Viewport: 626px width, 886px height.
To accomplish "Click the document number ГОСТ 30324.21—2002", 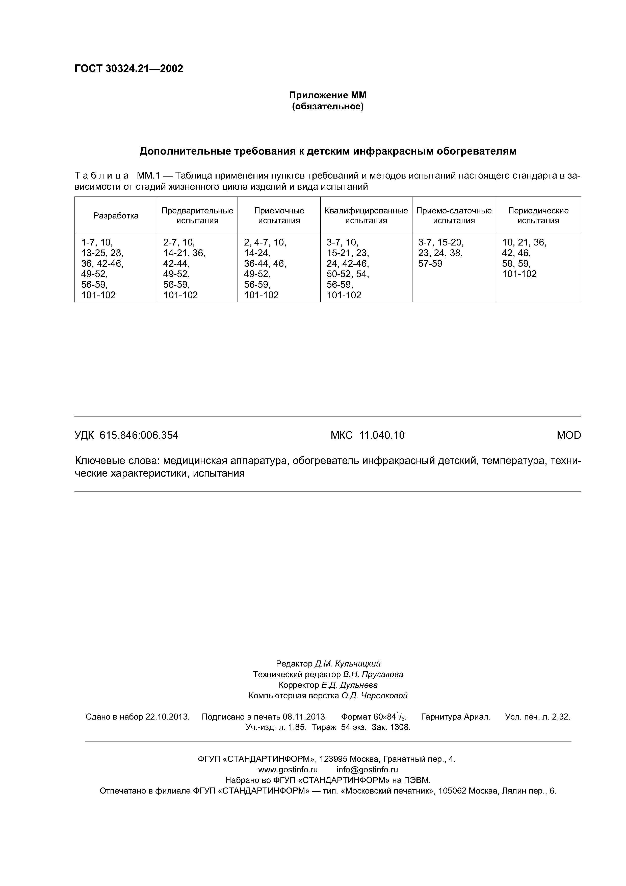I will point(128,69).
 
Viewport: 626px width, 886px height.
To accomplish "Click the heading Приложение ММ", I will point(327,95).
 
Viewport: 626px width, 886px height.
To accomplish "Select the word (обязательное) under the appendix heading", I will point(327,106).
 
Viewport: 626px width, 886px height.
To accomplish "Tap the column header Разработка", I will point(116,216).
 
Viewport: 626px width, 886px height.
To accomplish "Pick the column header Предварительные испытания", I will point(197,216).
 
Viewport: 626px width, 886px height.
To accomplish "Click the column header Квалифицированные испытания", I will point(366,216).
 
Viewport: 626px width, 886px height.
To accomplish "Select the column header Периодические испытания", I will point(538,216).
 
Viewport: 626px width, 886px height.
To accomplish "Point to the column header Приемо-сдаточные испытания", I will point(454,216).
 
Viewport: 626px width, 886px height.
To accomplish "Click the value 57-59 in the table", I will point(430,264).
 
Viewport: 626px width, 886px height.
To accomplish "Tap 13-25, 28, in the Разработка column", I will point(102,253).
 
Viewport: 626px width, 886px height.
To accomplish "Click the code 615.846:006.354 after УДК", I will point(139,435).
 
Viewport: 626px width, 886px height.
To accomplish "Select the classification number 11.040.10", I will point(382,435).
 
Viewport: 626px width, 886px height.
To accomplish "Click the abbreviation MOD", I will point(568,435).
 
